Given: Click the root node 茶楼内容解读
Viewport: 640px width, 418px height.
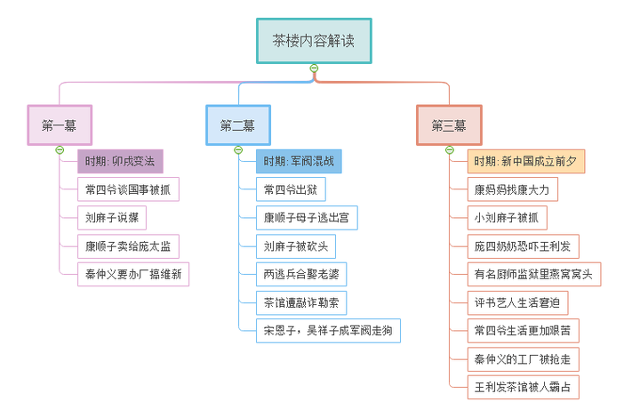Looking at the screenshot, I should click(x=314, y=41).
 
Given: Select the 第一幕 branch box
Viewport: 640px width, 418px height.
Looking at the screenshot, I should click(x=60, y=125).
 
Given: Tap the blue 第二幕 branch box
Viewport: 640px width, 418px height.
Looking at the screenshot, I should click(x=238, y=125).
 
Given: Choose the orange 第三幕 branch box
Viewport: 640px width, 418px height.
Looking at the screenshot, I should click(x=449, y=125).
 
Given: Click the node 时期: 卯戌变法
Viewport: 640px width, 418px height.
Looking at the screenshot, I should click(x=120, y=162).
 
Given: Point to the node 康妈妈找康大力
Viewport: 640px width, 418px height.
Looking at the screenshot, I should click(x=512, y=189).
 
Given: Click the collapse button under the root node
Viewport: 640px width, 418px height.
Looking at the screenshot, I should click(x=314, y=69).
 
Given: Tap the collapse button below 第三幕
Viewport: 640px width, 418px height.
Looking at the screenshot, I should click(x=450, y=149).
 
